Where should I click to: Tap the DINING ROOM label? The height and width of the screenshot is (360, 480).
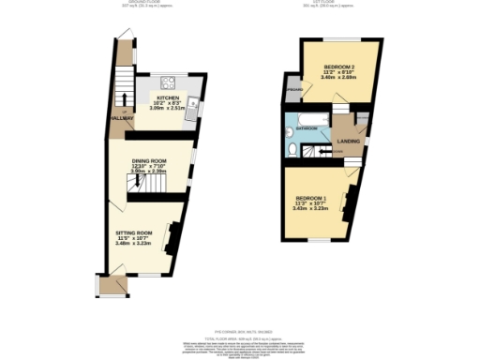coord(150,160)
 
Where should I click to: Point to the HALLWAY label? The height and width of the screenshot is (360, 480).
coord(119,118)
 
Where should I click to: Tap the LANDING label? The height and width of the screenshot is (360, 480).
coord(350,141)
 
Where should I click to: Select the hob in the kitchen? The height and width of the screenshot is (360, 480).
coord(169,81)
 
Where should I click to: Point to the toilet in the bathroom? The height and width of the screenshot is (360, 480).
coord(292,150)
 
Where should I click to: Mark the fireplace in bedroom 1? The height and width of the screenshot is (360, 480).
coord(350,202)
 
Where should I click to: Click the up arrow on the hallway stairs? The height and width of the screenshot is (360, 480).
coord(122,97)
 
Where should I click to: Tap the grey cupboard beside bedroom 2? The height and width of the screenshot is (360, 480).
coord(292,90)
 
